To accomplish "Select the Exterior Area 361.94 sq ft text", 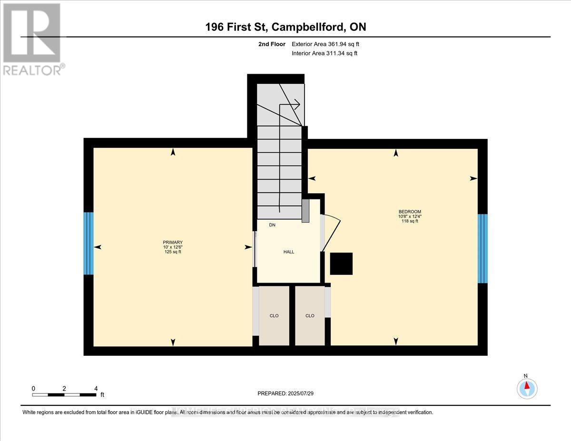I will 325,44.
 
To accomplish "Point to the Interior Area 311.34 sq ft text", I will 324,53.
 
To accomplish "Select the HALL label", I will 288,252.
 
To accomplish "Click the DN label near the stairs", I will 272,225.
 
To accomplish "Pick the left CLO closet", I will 274,315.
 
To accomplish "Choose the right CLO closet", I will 310,315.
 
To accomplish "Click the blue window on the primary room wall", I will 89,243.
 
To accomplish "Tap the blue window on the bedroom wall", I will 482,248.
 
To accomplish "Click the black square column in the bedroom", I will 342,264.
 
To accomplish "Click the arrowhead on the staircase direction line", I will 296,104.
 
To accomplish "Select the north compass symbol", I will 527,388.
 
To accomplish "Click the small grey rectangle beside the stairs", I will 305,210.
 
